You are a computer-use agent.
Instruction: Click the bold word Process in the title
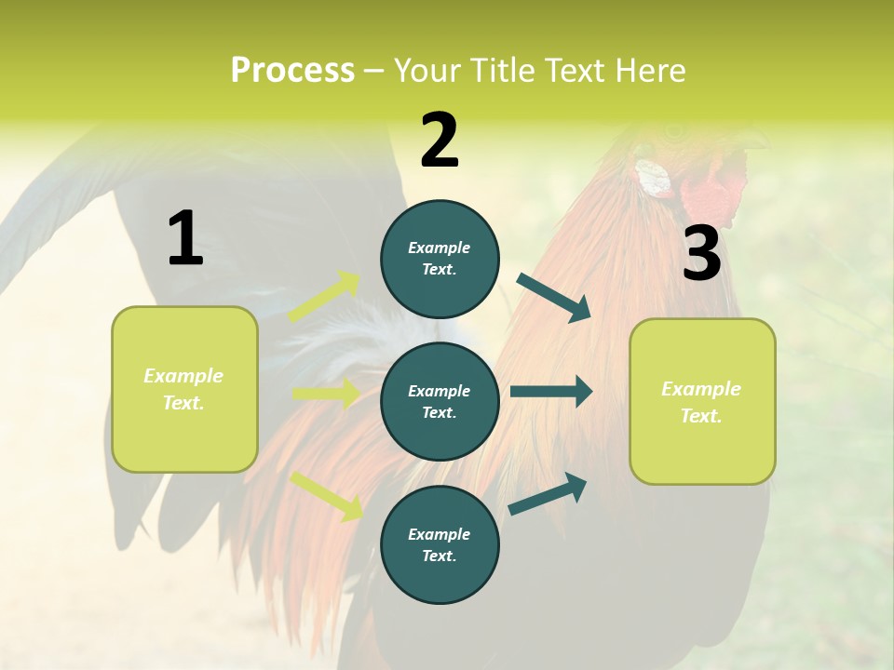292,71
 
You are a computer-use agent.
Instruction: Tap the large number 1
185,238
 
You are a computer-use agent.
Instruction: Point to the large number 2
440,140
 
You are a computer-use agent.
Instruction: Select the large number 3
701,254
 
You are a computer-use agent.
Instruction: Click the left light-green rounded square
184,389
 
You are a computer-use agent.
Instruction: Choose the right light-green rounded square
702,401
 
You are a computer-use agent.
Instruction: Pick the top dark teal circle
440,259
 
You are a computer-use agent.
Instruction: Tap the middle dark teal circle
440,401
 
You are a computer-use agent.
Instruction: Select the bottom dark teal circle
440,544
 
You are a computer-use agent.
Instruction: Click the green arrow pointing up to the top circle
324,297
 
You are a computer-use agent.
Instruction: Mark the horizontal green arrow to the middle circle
326,394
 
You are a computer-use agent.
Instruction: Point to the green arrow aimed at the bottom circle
326,496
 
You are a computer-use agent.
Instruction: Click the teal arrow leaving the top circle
554,298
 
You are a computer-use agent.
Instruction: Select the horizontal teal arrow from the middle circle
551,392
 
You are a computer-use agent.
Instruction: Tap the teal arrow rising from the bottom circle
548,493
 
